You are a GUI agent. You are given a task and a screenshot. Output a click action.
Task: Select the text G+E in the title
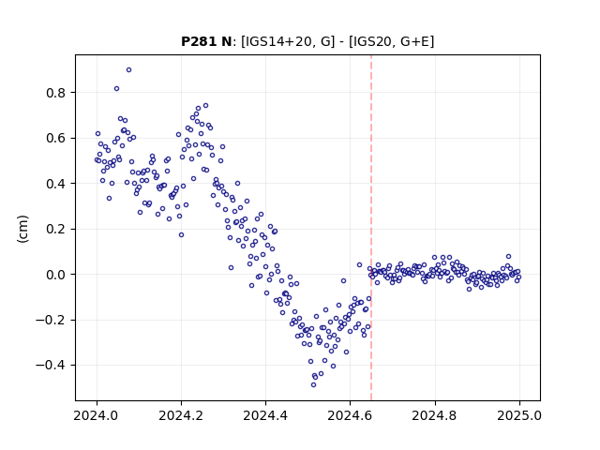click(x=414, y=41)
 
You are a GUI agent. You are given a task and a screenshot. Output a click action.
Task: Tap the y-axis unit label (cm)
click(x=22, y=229)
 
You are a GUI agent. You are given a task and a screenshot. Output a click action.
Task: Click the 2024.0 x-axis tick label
click(x=97, y=415)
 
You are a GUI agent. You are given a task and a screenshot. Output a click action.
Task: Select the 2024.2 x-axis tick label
click(x=181, y=415)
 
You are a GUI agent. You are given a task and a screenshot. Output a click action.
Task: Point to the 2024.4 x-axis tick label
click(x=265, y=415)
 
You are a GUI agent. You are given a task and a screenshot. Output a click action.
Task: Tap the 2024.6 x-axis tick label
click(x=350, y=415)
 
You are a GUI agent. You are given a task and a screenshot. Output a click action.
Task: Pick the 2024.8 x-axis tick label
click(x=435, y=415)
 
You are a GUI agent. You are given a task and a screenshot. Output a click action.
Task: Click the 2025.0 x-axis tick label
click(x=519, y=415)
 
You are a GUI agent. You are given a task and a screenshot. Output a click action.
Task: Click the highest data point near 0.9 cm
click(x=129, y=70)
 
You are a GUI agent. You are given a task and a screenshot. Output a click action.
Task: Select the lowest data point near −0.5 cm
click(x=313, y=384)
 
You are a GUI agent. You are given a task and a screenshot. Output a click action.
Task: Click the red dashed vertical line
click(x=371, y=228)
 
